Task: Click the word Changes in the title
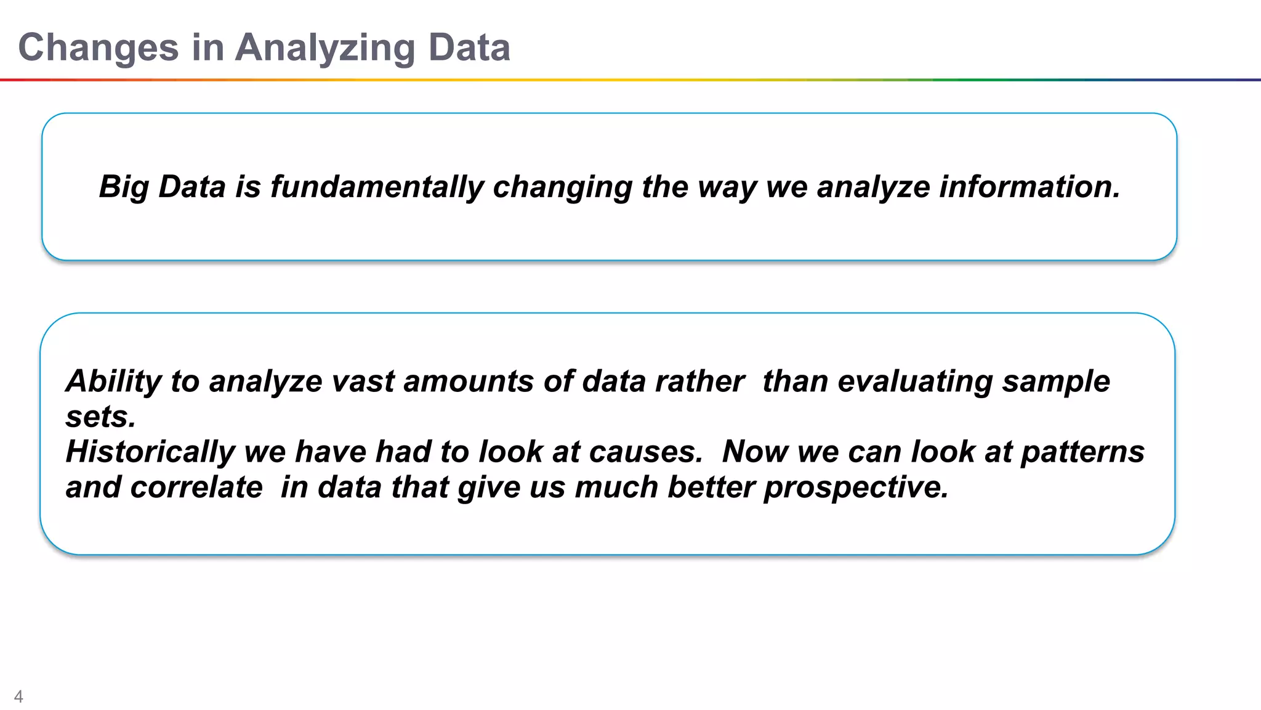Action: (99, 48)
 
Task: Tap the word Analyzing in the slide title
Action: (325, 48)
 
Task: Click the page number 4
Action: (18, 696)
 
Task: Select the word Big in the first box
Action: (123, 187)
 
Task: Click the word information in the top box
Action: (1028, 187)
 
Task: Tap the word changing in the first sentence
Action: (562, 187)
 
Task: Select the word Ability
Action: (113, 381)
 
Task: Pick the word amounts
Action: (468, 381)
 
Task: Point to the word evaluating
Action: (915, 381)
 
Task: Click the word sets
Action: (100, 417)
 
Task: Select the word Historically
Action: (150, 452)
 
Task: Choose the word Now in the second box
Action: (755, 452)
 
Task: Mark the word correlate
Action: (196, 487)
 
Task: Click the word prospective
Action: (856, 487)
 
